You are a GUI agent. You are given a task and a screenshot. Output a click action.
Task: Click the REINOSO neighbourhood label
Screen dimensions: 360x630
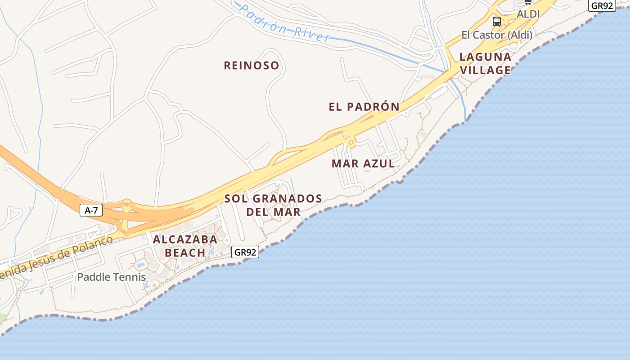click(252, 66)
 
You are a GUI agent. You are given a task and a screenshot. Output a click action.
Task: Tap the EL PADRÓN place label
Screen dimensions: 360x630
click(364, 107)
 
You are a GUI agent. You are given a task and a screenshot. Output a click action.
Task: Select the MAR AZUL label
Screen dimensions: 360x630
click(363, 164)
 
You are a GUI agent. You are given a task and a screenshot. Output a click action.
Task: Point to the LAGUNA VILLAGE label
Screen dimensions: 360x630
click(486, 63)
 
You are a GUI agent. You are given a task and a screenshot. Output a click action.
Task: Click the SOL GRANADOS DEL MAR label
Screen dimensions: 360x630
click(273, 205)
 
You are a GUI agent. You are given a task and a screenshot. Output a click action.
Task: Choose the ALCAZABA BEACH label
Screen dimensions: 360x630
click(185, 246)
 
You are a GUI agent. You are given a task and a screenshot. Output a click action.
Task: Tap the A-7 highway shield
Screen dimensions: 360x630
click(91, 210)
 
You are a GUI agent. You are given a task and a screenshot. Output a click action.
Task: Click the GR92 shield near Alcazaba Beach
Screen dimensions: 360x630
click(245, 252)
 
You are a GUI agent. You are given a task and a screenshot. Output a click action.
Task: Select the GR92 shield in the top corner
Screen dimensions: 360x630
click(602, 5)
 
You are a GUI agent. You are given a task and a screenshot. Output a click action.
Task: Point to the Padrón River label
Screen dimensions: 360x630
click(284, 23)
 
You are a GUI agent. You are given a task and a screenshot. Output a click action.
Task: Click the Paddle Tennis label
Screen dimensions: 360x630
click(112, 277)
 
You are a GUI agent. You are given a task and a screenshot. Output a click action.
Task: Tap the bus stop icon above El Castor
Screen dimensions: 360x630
click(497, 21)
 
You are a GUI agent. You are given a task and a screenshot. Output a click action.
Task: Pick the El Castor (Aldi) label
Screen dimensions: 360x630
click(497, 35)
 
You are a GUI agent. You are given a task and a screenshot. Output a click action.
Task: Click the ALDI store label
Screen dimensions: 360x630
click(528, 14)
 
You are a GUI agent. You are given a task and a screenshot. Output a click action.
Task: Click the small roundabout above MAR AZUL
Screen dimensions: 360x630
click(351, 143)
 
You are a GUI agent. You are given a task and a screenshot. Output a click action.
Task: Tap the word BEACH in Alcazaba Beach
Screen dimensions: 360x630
click(185, 253)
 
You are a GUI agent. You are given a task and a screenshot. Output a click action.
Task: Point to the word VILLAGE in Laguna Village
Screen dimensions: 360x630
click(486, 70)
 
